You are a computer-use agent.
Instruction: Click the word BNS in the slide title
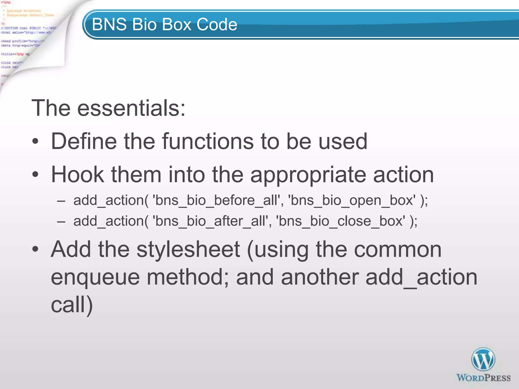(109, 25)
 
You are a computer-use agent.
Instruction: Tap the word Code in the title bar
(217, 25)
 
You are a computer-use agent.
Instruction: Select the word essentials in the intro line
(131, 108)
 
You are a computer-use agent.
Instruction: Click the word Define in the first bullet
(84, 141)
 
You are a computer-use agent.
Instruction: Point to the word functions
(208, 141)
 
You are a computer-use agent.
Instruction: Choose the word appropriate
(308, 175)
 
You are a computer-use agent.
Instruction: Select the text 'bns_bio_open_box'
(352, 201)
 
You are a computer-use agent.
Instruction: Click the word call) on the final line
(72, 305)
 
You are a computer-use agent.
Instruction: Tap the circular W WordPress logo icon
(483, 359)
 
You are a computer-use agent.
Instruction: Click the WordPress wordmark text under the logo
(483, 378)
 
